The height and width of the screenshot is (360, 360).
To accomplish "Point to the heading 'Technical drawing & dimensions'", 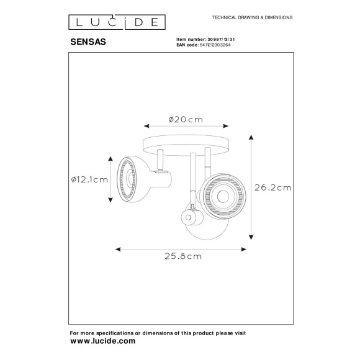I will coord(253,18).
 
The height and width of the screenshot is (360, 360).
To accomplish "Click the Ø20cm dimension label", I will coord(186,120).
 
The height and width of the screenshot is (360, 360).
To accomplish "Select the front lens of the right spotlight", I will coord(220,196).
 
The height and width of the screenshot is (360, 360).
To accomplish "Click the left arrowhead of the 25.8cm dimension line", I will coord(119,248).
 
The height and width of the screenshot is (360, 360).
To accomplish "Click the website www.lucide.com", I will coord(102,341).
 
